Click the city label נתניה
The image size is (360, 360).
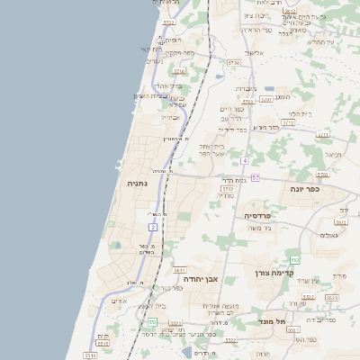click(139, 184)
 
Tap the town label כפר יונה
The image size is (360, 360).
click(307, 190)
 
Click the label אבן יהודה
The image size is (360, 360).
click(201, 280)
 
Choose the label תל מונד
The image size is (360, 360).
click(267, 319)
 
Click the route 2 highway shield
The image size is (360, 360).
click(153, 228)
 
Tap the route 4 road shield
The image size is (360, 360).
click(244, 160)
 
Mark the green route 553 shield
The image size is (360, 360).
click(153, 321)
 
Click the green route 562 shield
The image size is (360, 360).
click(294, 259)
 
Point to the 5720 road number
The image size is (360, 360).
click(233, 63)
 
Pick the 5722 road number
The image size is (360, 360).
click(169, 21)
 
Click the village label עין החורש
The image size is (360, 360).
click(320, 42)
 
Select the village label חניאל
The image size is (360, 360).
click(334, 155)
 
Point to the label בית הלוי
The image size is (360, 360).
click(299, 114)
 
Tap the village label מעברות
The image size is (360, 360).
click(246, 88)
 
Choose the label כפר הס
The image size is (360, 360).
click(311, 340)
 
